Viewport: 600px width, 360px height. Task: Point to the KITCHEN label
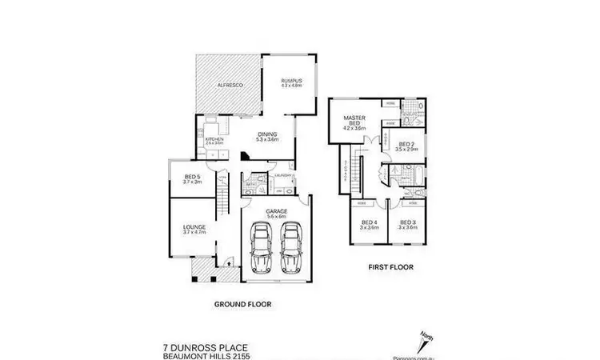214,141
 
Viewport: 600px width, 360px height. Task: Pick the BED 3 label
408,224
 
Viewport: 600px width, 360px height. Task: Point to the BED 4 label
369,224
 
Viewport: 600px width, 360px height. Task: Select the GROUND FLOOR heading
242,304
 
